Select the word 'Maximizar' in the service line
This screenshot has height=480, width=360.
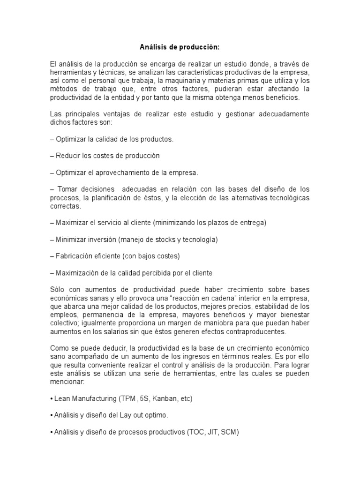(x=72, y=223)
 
